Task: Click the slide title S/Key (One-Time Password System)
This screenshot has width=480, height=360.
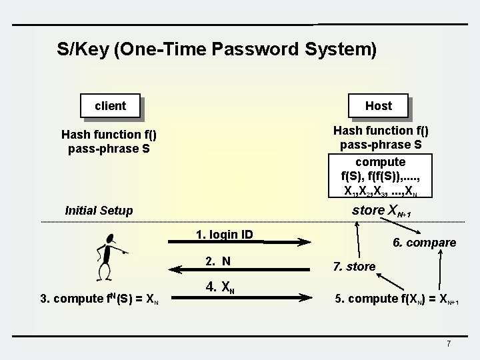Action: click(x=217, y=49)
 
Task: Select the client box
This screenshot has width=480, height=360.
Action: click(x=111, y=105)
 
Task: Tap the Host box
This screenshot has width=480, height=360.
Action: click(x=378, y=105)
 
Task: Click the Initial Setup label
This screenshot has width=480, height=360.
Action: click(x=99, y=211)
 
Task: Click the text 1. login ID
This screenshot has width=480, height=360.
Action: click(x=225, y=235)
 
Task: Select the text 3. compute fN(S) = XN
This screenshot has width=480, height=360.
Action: click(x=99, y=298)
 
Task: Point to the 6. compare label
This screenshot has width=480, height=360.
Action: click(x=424, y=243)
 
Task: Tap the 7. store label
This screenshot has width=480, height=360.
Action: click(x=353, y=267)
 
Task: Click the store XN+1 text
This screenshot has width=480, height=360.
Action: click(x=381, y=211)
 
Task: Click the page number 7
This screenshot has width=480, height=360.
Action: click(x=449, y=343)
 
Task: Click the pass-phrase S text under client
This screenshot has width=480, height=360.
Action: click(x=109, y=148)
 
